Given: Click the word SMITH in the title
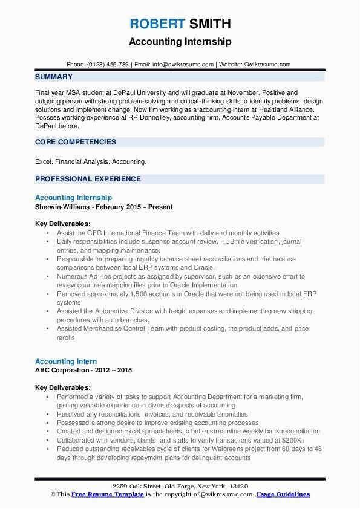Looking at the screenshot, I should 209,24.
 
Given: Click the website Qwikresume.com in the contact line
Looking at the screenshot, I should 268,64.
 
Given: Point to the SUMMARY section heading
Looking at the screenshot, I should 54,77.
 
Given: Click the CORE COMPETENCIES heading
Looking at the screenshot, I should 75,142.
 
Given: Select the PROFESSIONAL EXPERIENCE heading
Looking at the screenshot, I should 88,179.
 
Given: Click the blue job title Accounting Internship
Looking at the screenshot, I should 73,198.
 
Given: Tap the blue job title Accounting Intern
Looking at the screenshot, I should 66,361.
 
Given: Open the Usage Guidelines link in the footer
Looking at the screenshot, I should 283,494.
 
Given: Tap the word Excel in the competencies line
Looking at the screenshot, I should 44,162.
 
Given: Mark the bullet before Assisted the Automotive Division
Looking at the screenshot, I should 47,310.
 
